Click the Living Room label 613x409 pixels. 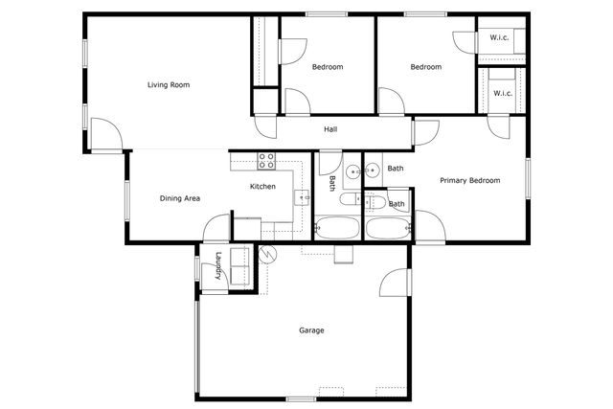(x=169, y=85)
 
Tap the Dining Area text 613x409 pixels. (x=179, y=198)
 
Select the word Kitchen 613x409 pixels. (x=263, y=186)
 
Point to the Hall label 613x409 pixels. (x=330, y=129)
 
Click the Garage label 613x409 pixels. (x=311, y=330)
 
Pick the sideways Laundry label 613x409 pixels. (x=219, y=265)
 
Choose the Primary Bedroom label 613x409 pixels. (x=470, y=180)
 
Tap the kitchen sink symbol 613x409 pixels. (x=301, y=197)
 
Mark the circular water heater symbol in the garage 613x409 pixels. (x=267, y=254)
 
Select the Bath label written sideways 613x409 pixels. (x=332, y=181)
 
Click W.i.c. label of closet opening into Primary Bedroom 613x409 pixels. (x=503, y=93)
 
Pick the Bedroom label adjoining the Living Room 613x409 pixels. (x=328, y=67)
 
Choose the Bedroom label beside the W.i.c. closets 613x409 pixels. (x=425, y=67)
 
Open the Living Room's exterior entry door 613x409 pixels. (x=108, y=137)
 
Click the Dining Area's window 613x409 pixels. (x=127, y=202)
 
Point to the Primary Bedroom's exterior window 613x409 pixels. (x=527, y=179)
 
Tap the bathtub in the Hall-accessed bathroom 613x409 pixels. (x=336, y=229)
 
